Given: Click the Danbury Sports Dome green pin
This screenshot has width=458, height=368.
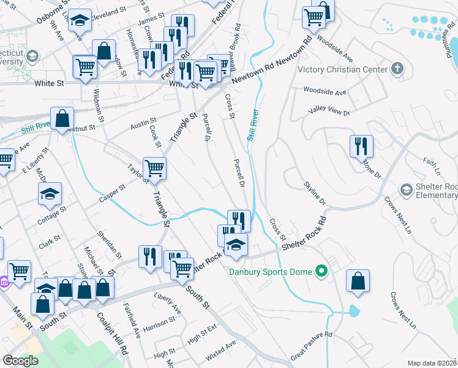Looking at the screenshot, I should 320,270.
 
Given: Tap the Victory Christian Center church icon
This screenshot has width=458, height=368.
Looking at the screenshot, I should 397,69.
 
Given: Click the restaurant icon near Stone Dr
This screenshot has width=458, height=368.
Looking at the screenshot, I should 361,146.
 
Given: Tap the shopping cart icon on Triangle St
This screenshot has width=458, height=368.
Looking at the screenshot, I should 154,167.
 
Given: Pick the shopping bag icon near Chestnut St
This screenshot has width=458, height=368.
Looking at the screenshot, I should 62,118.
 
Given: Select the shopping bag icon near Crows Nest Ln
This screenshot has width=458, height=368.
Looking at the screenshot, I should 358,281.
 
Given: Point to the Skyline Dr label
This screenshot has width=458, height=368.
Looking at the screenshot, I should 314,193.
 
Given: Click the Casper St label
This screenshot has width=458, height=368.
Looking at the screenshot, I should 113,194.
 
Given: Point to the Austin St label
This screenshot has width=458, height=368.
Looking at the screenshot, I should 143,123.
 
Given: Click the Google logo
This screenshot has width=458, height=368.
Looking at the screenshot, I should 21,361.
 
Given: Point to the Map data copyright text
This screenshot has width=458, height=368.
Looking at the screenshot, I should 432,363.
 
